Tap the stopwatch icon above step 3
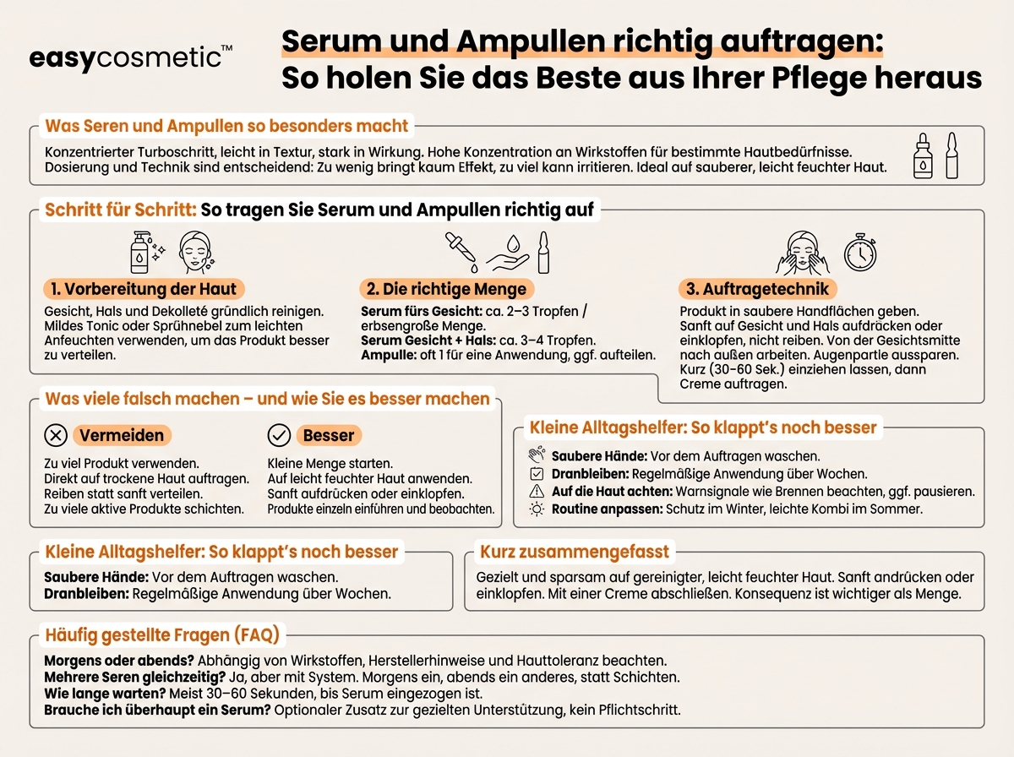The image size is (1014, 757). tap(860, 253)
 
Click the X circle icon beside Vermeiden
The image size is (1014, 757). tap(55, 435)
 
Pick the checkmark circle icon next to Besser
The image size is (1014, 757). tap(279, 435)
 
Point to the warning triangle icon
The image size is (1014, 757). tap(537, 492)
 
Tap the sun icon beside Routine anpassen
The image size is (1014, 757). tap(537, 509)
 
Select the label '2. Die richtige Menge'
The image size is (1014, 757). tap(446, 289)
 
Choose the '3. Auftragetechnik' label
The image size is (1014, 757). tap(756, 289)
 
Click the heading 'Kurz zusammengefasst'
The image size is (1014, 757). tap(575, 553)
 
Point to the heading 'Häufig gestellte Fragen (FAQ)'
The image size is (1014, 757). tap(161, 634)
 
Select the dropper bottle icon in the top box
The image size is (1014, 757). tap(923, 157)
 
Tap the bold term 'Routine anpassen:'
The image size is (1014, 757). tap(607, 509)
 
